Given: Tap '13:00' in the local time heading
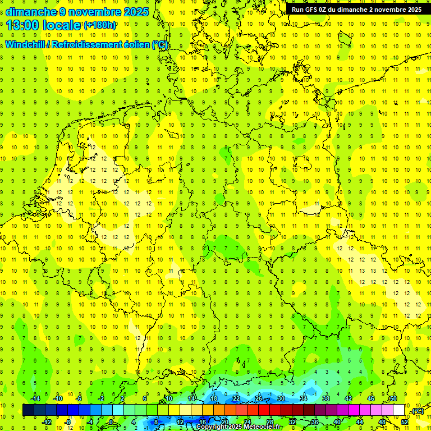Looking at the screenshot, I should coord(22,25).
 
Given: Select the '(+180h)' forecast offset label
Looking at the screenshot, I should coord(100,25).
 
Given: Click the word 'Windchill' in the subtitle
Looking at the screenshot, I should coord(25,45).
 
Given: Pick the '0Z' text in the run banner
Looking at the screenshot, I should coord(327,10).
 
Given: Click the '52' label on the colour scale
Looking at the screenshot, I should coord(405,422).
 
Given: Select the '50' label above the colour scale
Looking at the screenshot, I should coord(393,398).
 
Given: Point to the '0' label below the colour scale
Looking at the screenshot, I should coord(111,422).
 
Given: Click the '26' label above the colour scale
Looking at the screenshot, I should coord(259,398).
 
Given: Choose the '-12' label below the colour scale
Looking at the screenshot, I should coord(47,422).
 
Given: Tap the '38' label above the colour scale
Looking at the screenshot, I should coord(326,398).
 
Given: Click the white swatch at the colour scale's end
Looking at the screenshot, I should coord(399,410).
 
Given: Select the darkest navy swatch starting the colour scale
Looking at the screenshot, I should coord(28,410).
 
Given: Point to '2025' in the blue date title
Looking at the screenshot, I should coord(134,12).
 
